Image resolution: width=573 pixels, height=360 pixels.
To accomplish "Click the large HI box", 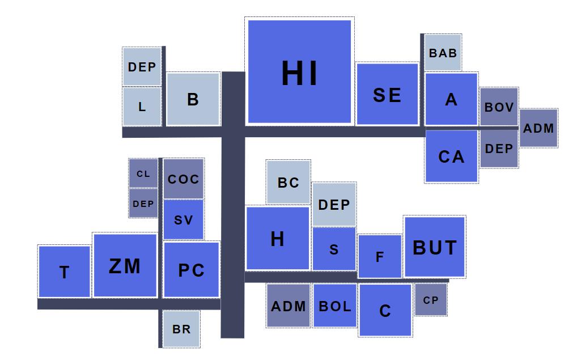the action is (299, 71).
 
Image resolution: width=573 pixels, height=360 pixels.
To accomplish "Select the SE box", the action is (387, 94).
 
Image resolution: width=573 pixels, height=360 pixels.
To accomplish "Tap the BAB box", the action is (443, 53).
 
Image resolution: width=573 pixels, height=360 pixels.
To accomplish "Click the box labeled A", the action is (451, 99).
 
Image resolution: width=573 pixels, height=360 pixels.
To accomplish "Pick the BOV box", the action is (499, 107).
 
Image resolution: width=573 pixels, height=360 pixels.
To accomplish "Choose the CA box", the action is (451, 156).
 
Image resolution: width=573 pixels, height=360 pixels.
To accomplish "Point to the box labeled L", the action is (142, 106).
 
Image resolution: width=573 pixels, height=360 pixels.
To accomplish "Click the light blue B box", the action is (193, 99).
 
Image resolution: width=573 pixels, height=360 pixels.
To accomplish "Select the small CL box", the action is (143, 173).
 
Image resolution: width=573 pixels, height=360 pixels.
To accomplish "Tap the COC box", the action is (184, 179).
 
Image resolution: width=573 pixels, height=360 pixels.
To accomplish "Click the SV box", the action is (184, 219).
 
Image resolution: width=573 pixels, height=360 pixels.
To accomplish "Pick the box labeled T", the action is (65, 272).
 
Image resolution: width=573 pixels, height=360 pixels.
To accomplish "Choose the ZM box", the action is (125, 265).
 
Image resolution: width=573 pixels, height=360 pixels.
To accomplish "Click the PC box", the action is (191, 270).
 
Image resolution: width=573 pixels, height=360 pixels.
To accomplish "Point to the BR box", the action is (181, 329).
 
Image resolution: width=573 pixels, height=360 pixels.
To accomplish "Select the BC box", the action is (288, 183).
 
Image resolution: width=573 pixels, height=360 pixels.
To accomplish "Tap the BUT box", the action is (434, 247).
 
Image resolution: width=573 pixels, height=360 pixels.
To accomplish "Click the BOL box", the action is (334, 306).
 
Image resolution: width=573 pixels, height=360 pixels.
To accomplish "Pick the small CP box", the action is (431, 300).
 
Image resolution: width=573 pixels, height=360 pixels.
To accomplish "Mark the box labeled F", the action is (380, 256).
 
